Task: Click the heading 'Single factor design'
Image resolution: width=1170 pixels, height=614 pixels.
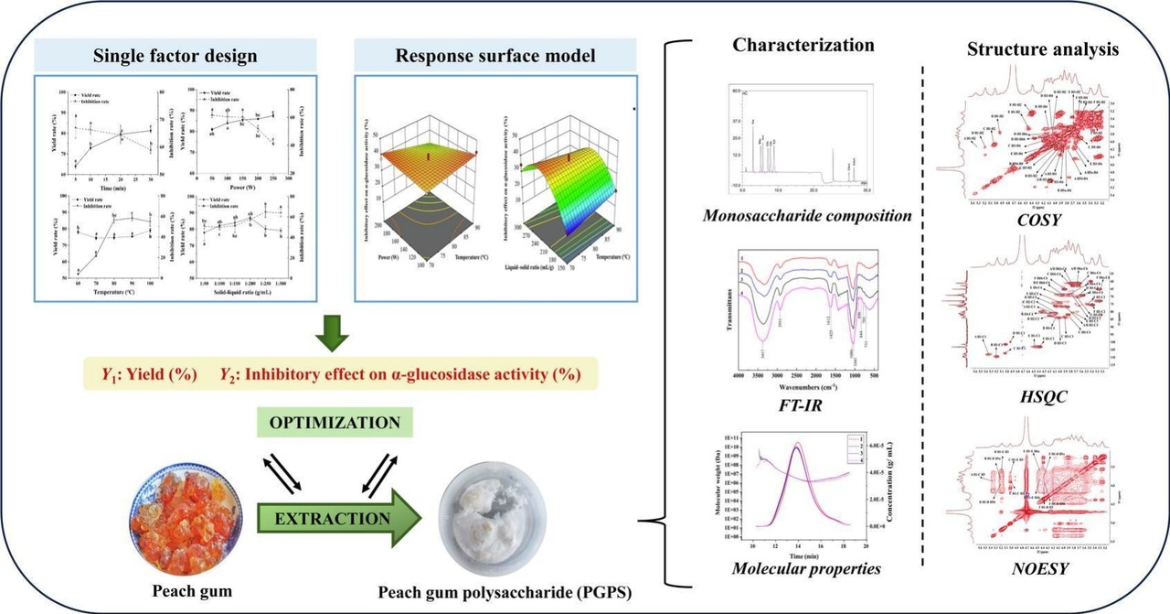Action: coord(175,55)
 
